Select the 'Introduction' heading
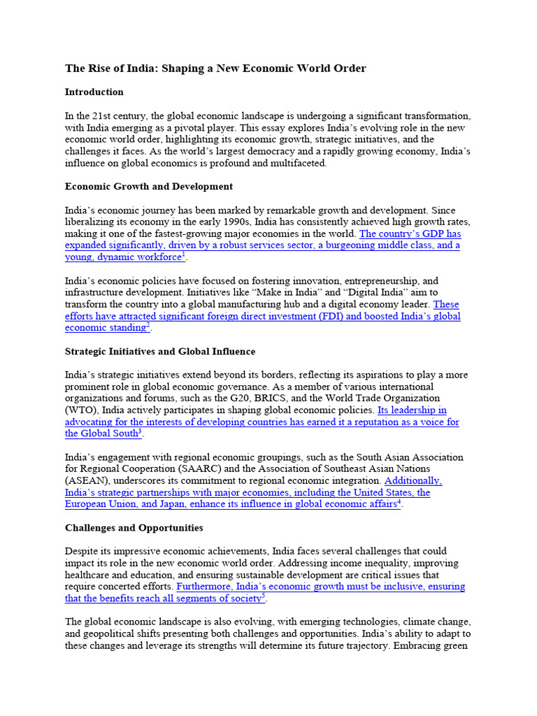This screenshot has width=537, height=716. [x=94, y=92]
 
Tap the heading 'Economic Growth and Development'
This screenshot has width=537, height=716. [x=148, y=187]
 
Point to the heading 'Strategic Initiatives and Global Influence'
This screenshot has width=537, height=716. [x=160, y=351]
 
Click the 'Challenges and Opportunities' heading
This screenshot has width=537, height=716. [x=134, y=528]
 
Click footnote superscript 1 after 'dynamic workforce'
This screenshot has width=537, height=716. [x=183, y=255]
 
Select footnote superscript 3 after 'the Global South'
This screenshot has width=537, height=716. [x=140, y=431]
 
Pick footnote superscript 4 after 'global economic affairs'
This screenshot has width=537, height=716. [x=399, y=502]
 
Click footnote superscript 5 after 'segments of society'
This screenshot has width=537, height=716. [x=264, y=596]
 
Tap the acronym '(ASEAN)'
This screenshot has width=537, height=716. [x=83, y=481]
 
